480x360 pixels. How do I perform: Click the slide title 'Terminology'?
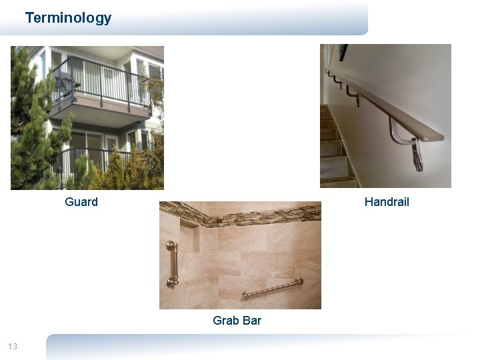(x=68, y=18)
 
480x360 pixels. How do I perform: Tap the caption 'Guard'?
(x=81, y=202)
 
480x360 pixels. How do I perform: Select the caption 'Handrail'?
(x=387, y=202)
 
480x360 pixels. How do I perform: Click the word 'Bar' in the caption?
(x=252, y=321)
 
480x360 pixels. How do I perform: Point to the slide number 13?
(x=12, y=346)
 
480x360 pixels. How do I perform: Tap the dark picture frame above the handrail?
(x=343, y=51)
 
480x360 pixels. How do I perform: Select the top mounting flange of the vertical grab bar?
(x=173, y=246)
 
